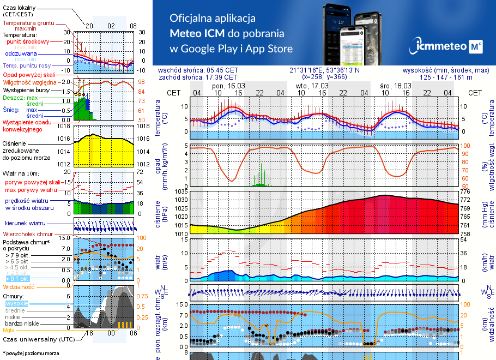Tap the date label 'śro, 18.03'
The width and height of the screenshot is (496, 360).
(395, 86)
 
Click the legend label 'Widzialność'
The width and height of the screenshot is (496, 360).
(19, 286)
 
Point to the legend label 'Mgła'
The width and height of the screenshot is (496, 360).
(9, 330)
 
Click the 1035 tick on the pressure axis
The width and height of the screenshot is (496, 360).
(180, 192)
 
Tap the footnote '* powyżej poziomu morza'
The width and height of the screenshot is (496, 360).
(31, 353)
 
